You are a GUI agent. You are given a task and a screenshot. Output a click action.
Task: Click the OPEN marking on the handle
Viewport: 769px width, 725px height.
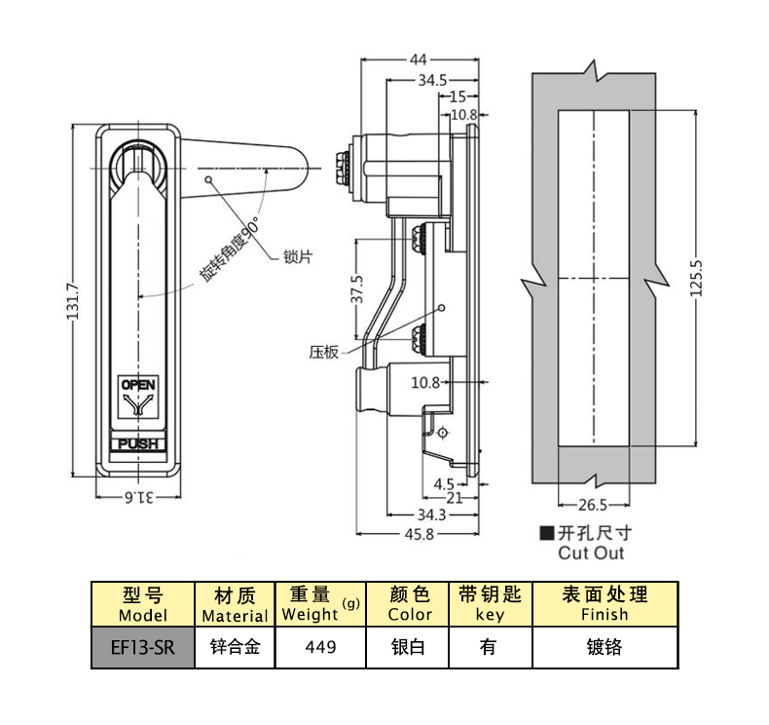137,384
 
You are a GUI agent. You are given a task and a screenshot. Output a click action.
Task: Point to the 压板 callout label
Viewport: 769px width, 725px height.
323,351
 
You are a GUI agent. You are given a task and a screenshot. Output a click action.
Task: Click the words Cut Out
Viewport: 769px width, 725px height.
591,553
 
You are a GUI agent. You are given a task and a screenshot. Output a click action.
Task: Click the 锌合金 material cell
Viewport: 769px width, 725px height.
234,647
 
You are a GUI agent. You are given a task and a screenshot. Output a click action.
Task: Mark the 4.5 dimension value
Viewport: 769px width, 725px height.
445,483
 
